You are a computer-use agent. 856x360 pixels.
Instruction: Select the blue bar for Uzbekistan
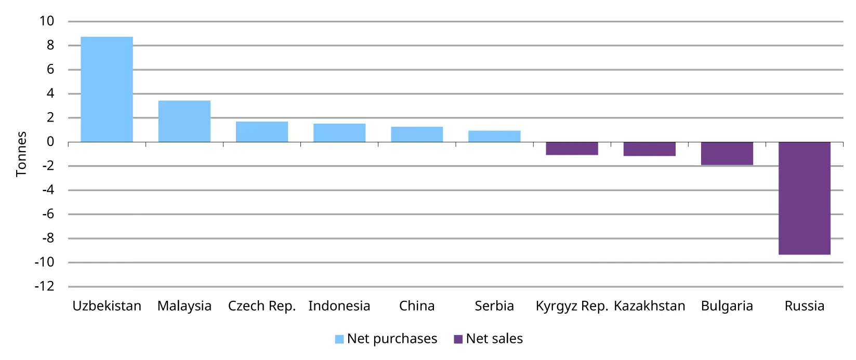coord(107,89)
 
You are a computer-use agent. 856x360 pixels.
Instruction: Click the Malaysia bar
coord(184,121)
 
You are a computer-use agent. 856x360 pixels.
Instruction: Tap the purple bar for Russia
coord(804,198)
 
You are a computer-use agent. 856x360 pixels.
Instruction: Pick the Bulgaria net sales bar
coord(727,154)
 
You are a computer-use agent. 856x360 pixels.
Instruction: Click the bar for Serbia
coord(494,136)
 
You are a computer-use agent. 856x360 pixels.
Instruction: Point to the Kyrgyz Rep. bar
coord(572,149)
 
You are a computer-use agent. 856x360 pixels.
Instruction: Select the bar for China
coord(417,135)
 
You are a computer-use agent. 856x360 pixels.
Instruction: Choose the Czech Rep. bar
coord(262,132)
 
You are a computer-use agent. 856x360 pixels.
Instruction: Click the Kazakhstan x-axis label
coord(649,306)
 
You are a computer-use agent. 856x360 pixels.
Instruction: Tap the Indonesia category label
coord(339,306)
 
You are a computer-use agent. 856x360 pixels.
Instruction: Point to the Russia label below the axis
coord(804,306)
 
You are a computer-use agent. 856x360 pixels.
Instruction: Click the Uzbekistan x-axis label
coord(107,306)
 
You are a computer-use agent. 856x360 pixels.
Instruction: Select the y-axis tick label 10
coord(47,21)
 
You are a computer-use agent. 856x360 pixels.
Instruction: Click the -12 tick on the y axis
coord(44,287)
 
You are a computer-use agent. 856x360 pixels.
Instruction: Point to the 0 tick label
coord(50,142)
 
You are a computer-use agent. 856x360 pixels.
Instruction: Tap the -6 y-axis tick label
coord(47,214)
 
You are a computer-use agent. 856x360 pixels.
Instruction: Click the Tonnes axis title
coord(21,154)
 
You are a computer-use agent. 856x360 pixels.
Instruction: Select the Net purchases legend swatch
coord(339,339)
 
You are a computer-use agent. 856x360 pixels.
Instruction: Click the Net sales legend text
coord(494,339)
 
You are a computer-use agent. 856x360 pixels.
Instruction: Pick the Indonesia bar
coord(339,133)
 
